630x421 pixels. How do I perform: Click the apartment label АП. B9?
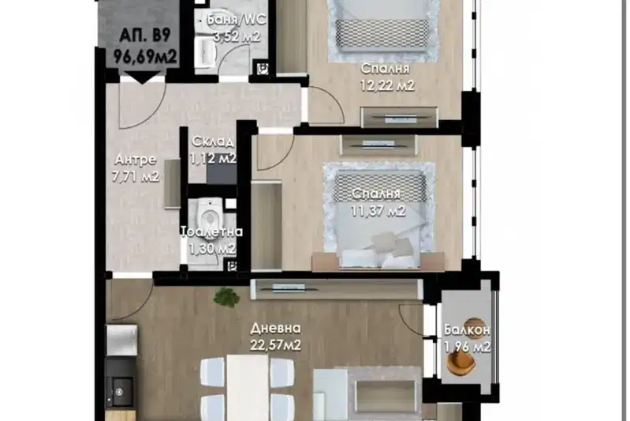pos(144,35)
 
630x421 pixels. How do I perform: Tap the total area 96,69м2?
pos(145,57)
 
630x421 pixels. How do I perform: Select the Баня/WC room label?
pos(236,19)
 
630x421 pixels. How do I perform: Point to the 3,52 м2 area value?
pos(237,36)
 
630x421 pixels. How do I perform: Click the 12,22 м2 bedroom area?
pos(387,85)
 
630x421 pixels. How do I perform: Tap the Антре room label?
pos(136,160)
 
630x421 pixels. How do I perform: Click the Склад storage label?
pos(213,141)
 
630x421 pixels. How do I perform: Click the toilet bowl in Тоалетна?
pos(209,217)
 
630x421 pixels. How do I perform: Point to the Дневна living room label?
pos(275,329)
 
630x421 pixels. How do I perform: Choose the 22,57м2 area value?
pos(275,345)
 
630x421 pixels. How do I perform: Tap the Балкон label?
pos(467,330)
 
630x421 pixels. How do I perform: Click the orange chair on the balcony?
pos(462,363)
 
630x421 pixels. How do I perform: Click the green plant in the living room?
pos(226,298)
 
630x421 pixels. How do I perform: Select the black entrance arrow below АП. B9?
pos(142,77)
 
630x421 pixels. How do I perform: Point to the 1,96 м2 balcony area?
pos(468,347)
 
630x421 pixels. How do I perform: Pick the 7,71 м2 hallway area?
pos(136,176)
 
